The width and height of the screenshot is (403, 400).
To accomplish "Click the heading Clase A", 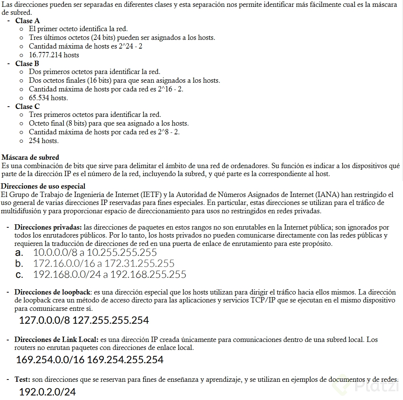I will (x=27, y=21).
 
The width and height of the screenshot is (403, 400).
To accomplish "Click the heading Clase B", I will (x=27, y=64).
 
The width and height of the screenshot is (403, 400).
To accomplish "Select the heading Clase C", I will (x=27, y=107).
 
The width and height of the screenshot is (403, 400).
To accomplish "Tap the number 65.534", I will (x=39, y=98).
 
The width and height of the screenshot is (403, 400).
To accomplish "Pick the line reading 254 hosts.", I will (x=44, y=141).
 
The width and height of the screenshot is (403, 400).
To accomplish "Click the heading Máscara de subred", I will (x=30, y=157).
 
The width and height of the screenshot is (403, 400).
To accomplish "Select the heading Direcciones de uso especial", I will (x=43, y=186).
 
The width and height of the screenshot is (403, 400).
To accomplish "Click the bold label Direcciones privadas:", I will (x=48, y=227).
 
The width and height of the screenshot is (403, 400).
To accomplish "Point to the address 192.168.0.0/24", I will (x=67, y=274).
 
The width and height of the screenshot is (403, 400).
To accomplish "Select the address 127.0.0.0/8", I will (x=45, y=320).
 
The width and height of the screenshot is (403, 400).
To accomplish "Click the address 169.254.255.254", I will (x=125, y=359).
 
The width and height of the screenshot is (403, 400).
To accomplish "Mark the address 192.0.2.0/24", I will (x=48, y=392).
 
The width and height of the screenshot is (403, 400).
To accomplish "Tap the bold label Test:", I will (x=22, y=380).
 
